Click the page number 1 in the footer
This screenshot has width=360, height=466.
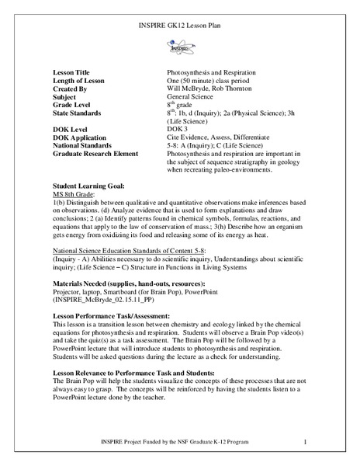point(307,442)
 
